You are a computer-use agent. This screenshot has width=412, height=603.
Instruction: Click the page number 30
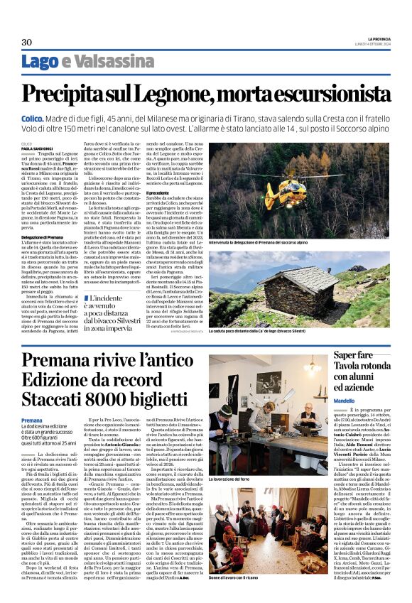(27, 42)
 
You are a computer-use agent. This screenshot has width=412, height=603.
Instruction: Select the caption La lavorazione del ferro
(232, 480)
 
